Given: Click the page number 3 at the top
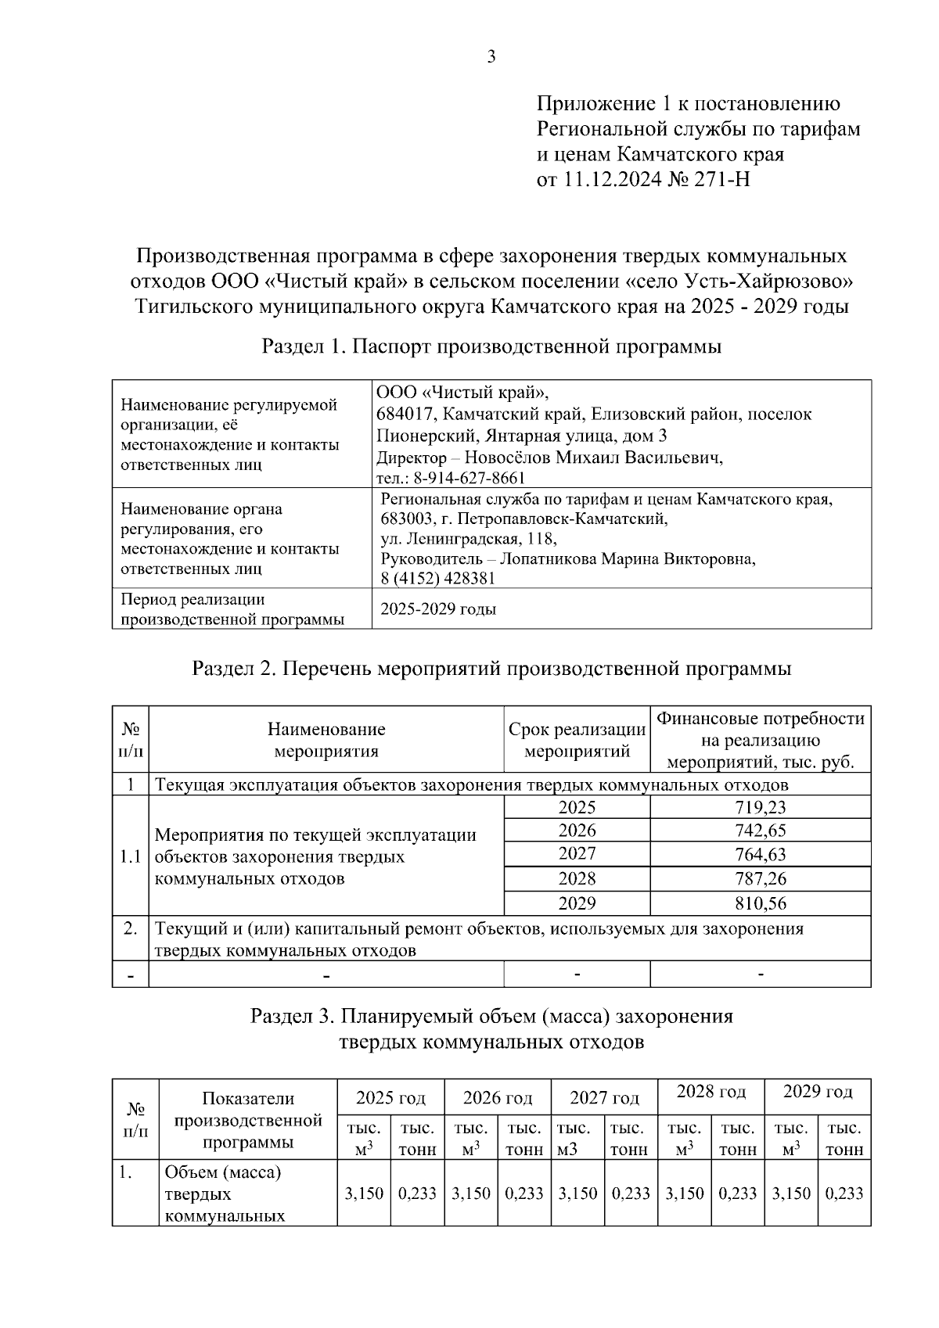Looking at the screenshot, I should click(x=491, y=56).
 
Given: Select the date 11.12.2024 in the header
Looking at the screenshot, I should click(x=612, y=180).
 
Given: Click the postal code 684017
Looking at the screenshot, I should click(x=405, y=414).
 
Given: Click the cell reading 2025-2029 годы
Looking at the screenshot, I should click(x=438, y=609).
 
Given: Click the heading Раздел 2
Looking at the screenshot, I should click(x=232, y=669).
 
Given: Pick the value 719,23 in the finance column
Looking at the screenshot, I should click(x=760, y=807).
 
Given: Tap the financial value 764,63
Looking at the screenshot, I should click(x=760, y=854).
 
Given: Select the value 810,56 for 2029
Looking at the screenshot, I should click(x=760, y=903).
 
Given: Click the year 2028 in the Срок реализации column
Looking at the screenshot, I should click(x=577, y=878).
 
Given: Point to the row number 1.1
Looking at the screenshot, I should click(x=131, y=856).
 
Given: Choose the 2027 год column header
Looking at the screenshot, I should click(x=604, y=1097).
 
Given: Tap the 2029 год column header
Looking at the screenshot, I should click(x=818, y=1092).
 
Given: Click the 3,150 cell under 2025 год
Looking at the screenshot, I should click(x=364, y=1194).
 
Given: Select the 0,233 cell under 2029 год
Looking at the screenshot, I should click(x=844, y=1194).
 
